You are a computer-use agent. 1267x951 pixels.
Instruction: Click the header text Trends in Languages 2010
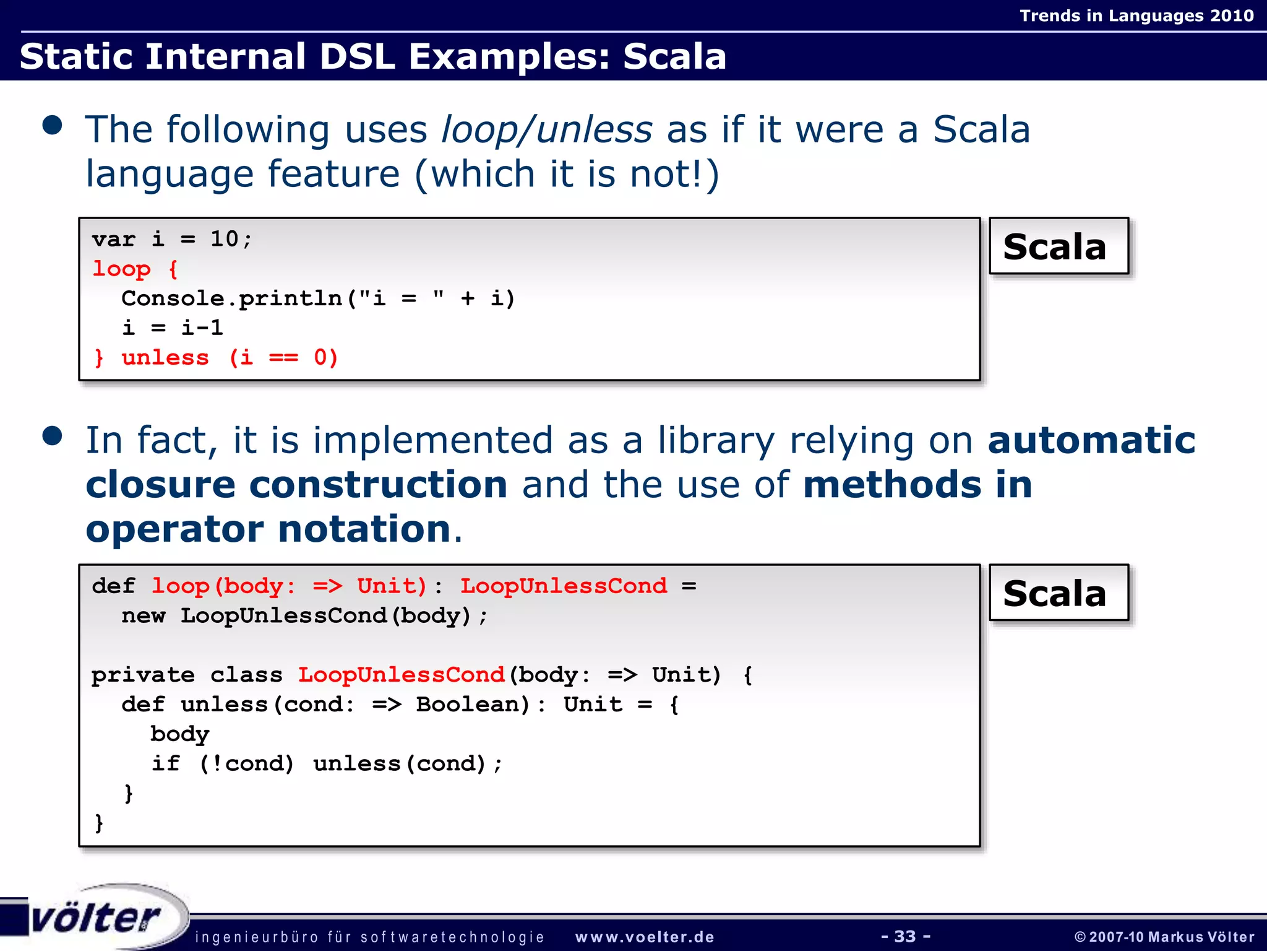coord(1136,15)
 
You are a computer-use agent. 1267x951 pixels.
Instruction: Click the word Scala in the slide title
coord(674,56)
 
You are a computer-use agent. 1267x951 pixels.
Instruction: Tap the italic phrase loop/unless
coord(546,130)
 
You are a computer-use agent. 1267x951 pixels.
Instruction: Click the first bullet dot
coord(53,126)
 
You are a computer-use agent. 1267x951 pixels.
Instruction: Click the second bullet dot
coord(53,436)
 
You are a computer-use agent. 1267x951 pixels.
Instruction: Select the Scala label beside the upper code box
coord(1058,246)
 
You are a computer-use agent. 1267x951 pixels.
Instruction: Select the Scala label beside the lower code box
coord(1058,593)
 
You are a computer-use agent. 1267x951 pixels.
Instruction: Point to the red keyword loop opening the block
coord(121,269)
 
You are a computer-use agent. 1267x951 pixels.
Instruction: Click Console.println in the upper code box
coord(231,298)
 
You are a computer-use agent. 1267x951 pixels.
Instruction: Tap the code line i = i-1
coord(172,328)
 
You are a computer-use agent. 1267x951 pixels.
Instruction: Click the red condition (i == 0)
coord(283,358)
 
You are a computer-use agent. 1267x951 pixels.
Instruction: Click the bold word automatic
coord(1091,440)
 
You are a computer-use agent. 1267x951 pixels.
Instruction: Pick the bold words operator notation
coord(268,529)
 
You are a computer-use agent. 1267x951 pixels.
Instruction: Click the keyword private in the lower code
coord(143,675)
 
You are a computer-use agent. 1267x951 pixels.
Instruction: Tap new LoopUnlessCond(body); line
coord(304,616)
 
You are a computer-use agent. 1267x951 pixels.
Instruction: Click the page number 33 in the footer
coord(905,936)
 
